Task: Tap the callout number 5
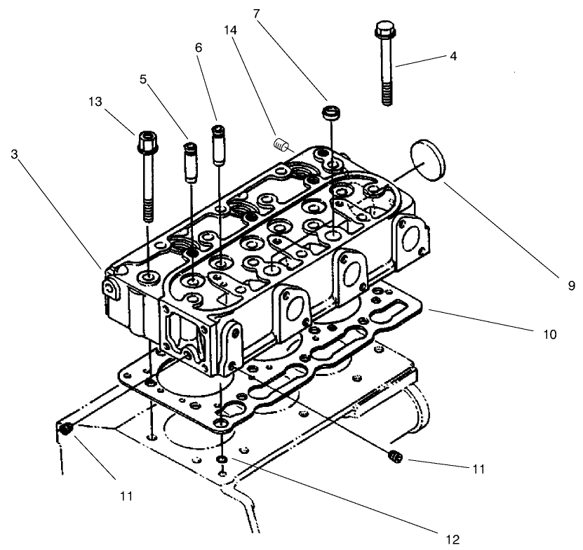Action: pyautogui.click(x=143, y=80)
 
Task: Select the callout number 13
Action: pyautogui.click(x=95, y=103)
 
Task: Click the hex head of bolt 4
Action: pyautogui.click(x=383, y=31)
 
